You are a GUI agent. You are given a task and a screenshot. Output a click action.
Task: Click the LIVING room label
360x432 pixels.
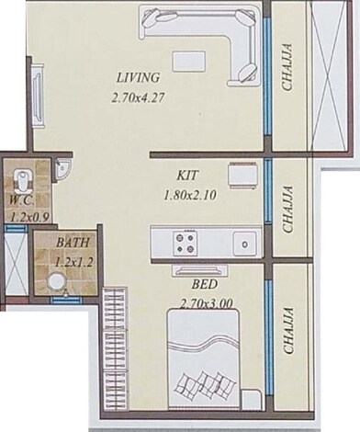(x=139, y=76)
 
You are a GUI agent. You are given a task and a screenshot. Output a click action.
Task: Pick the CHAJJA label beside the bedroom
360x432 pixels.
(x=287, y=331)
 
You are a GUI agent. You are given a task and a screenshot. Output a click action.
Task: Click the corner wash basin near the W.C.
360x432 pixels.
(x=62, y=168)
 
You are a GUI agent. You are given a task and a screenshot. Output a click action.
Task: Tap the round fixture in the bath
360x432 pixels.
(x=40, y=281)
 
